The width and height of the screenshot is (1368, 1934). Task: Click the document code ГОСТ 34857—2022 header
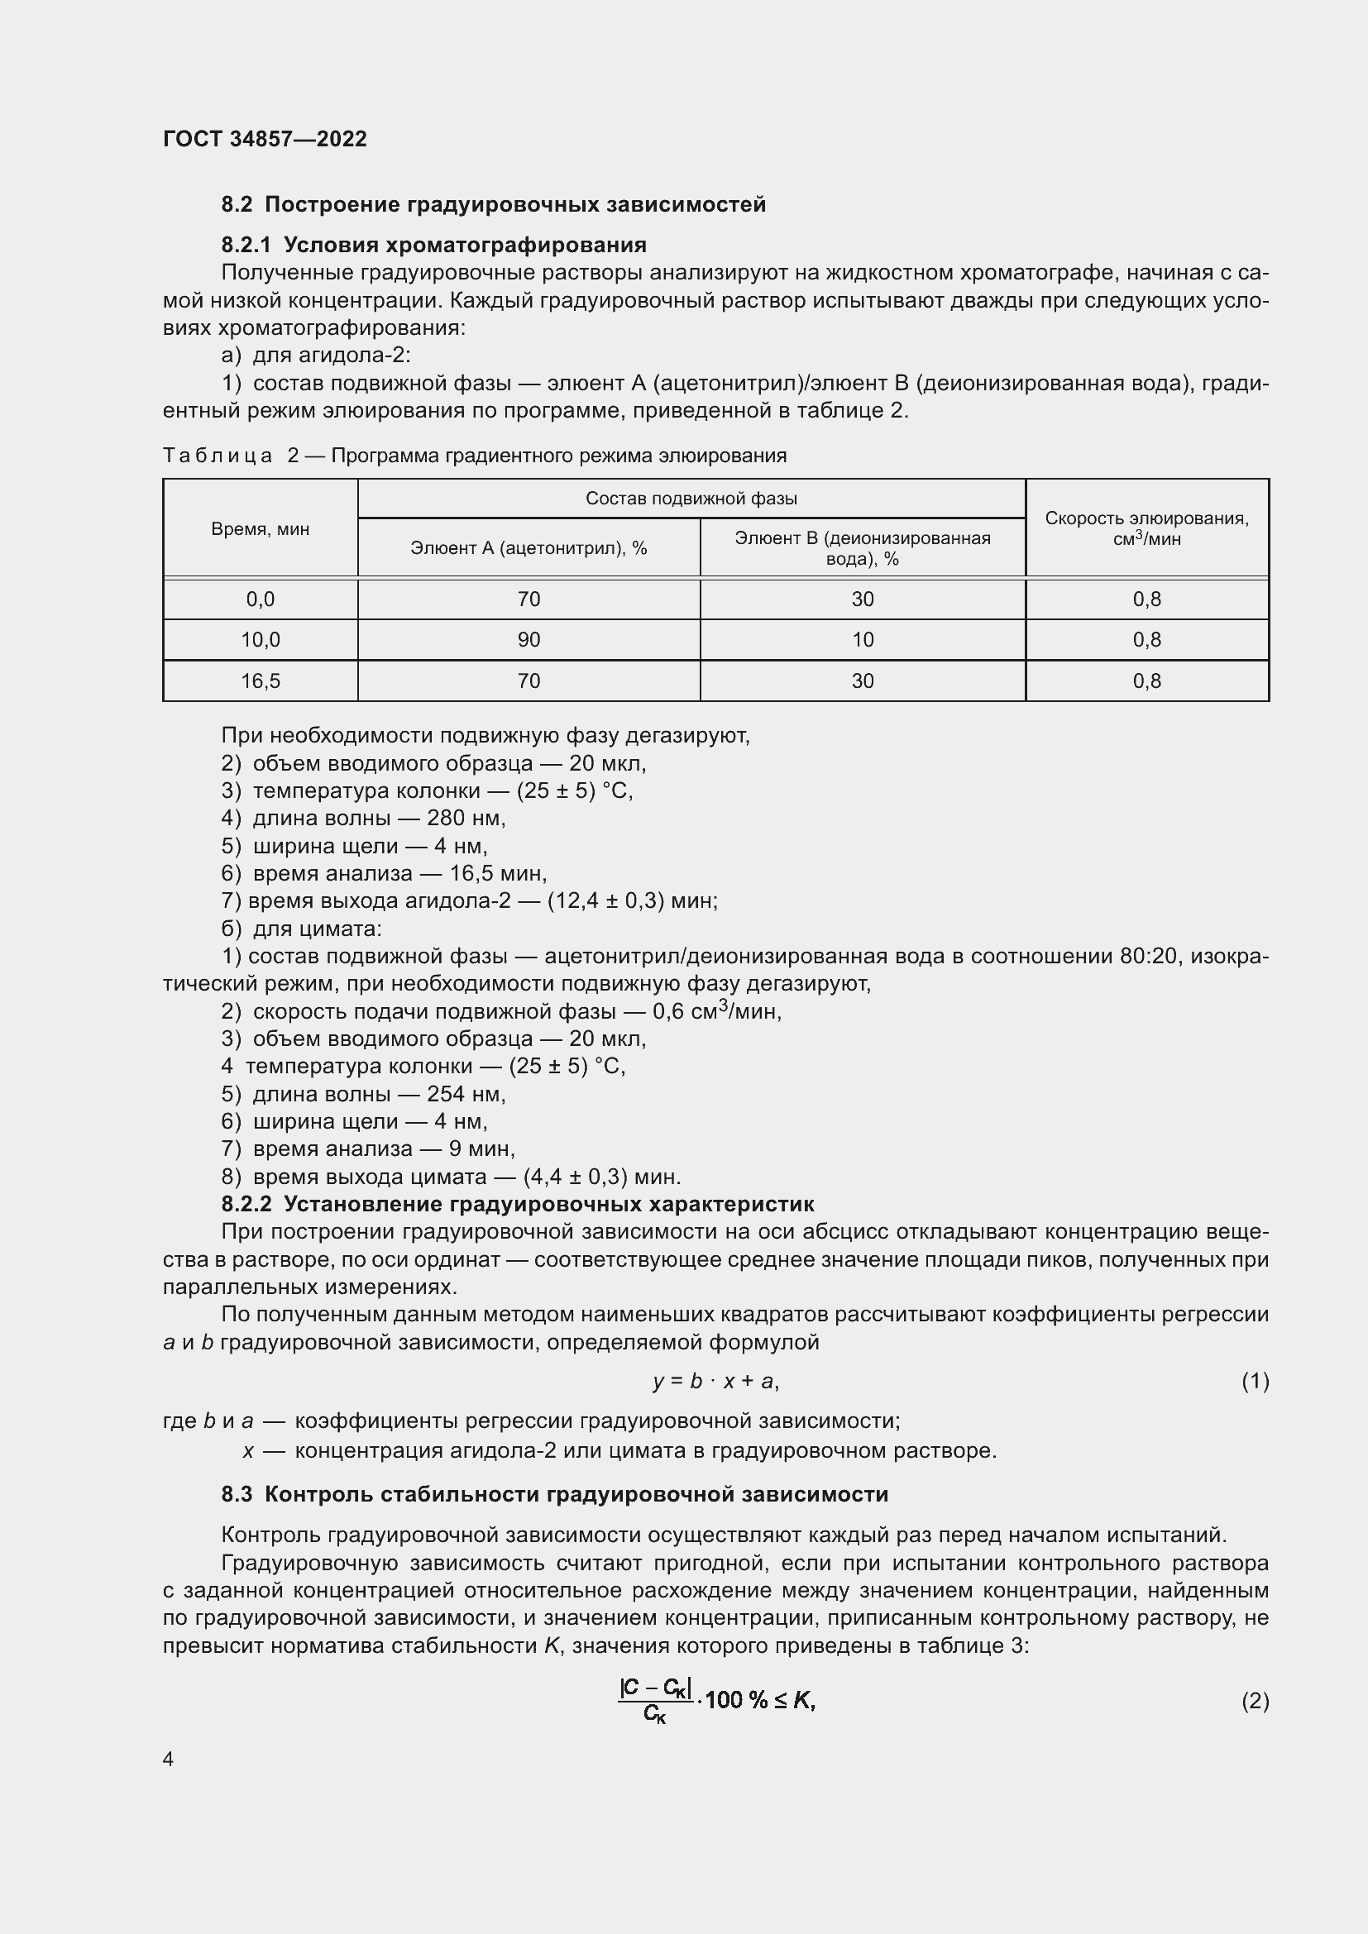point(265,139)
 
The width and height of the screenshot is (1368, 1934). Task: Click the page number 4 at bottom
point(169,1760)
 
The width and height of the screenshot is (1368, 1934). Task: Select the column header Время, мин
point(261,529)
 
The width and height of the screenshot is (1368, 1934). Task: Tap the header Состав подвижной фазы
point(691,499)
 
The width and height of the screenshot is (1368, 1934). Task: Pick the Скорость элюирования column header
point(1146,528)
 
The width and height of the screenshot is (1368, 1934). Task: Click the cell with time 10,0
point(261,640)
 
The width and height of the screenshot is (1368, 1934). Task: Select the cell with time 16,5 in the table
point(261,680)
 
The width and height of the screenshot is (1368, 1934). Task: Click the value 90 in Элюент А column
point(529,640)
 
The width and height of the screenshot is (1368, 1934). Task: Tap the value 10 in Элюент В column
point(862,640)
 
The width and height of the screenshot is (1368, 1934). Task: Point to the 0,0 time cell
point(261,599)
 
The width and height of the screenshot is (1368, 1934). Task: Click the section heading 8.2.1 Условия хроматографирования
point(434,245)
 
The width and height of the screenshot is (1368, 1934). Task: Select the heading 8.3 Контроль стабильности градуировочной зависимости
point(554,1494)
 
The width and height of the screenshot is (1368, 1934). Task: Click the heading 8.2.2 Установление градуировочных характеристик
point(517,1204)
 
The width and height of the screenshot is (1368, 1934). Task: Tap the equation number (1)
point(1255,1382)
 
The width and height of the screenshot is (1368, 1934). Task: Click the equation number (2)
point(1255,1702)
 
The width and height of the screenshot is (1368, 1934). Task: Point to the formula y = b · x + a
point(715,1382)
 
